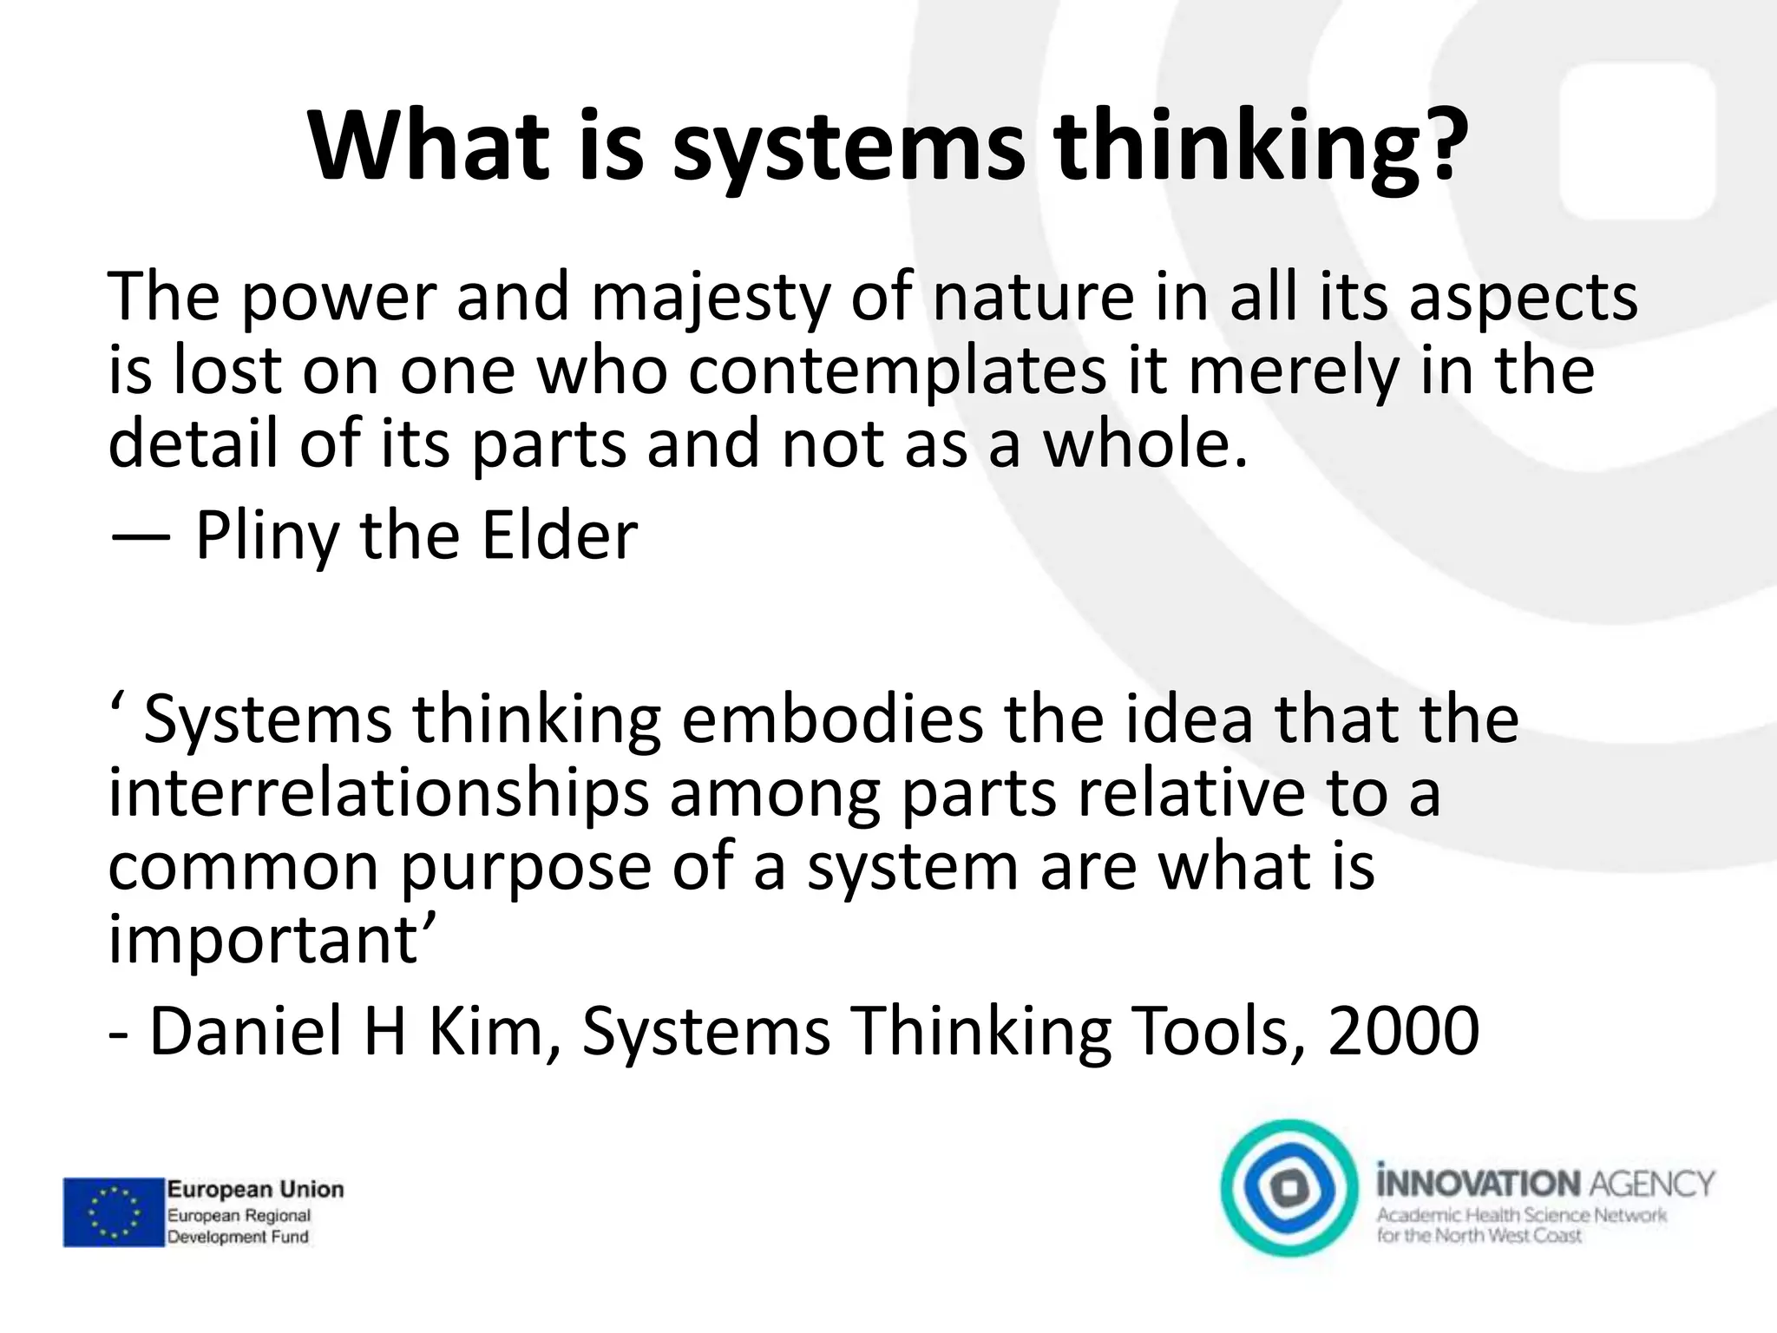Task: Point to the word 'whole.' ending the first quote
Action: click(1144, 444)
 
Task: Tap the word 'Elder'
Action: click(560, 535)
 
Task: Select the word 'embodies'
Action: click(832, 720)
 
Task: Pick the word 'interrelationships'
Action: click(378, 795)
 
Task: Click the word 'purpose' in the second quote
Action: click(525, 868)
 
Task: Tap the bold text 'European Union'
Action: click(255, 1189)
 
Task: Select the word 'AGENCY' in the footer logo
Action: click(1652, 1183)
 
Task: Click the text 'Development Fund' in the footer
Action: click(238, 1237)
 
